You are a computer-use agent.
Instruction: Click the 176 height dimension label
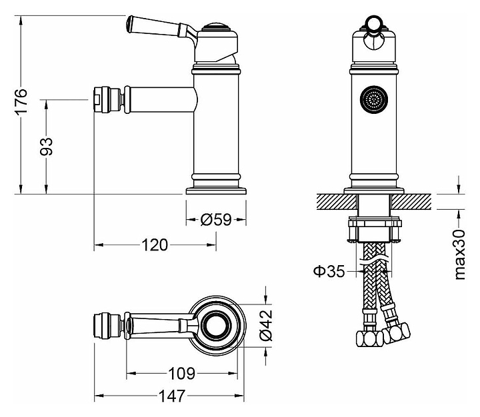[x=22, y=101]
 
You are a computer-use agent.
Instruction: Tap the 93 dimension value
[x=47, y=147]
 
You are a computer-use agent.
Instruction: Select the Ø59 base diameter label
[x=216, y=219]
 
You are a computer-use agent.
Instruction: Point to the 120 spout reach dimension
[x=155, y=244]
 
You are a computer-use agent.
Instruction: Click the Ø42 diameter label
[x=265, y=325]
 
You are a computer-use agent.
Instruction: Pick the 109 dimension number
[x=182, y=373]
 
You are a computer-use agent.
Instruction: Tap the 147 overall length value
[x=172, y=396]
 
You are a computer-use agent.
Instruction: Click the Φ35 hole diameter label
[x=329, y=271]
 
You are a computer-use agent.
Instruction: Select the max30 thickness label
[x=460, y=254]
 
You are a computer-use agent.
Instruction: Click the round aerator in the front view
[x=374, y=99]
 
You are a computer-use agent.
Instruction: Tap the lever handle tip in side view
[x=130, y=23]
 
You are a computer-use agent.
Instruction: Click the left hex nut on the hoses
[x=369, y=338]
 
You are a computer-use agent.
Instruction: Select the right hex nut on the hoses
[x=397, y=333]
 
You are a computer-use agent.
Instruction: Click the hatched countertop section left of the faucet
[x=337, y=202]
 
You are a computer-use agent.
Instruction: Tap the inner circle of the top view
[x=217, y=325]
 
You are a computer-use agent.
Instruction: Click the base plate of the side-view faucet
[x=216, y=191]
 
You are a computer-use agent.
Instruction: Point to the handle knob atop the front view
[x=373, y=23]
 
